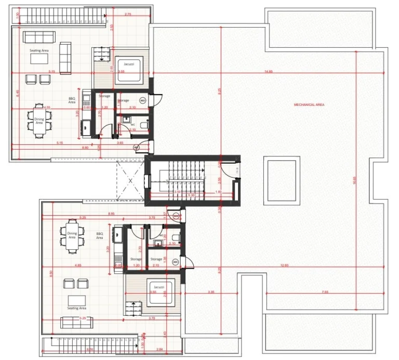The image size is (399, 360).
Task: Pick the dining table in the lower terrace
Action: pos(72,236)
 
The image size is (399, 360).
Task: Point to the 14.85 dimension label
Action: pos(268,71)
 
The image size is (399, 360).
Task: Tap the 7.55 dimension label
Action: pos(325,292)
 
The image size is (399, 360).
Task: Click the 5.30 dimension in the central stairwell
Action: pos(192,195)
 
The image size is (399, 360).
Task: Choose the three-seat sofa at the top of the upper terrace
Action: pos(38,37)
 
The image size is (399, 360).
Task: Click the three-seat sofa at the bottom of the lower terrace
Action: pos(76,322)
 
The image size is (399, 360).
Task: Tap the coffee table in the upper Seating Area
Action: pos(41,59)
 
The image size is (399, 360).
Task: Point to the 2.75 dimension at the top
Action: pos(128,15)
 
